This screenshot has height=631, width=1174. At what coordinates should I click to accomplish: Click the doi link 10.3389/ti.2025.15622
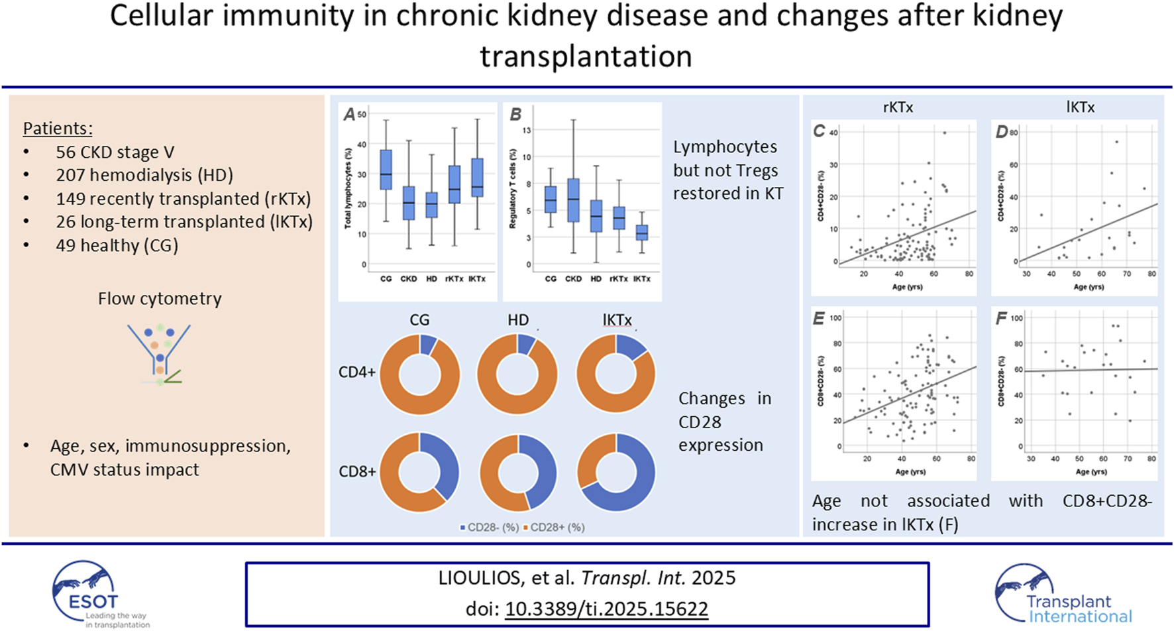point(606,608)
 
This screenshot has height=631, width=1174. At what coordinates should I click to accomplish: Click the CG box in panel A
point(386,170)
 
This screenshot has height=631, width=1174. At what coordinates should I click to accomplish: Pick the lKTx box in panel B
point(641,233)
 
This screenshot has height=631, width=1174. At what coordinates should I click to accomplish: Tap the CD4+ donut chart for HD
point(517,374)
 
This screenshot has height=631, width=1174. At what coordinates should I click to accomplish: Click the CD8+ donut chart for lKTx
point(616,473)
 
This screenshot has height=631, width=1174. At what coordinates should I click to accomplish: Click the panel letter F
point(1001,319)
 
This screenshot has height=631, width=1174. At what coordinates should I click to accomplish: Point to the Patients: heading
point(58,129)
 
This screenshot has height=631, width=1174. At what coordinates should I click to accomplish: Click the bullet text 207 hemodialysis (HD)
point(144,175)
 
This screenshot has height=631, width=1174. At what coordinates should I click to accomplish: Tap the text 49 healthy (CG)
point(117,245)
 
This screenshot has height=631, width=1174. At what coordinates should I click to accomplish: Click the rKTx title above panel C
point(898,107)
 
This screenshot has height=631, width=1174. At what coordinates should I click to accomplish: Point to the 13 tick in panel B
point(527,131)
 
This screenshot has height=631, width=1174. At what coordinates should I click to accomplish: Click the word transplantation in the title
point(586,56)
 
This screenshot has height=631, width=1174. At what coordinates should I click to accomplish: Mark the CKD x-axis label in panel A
point(408,279)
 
